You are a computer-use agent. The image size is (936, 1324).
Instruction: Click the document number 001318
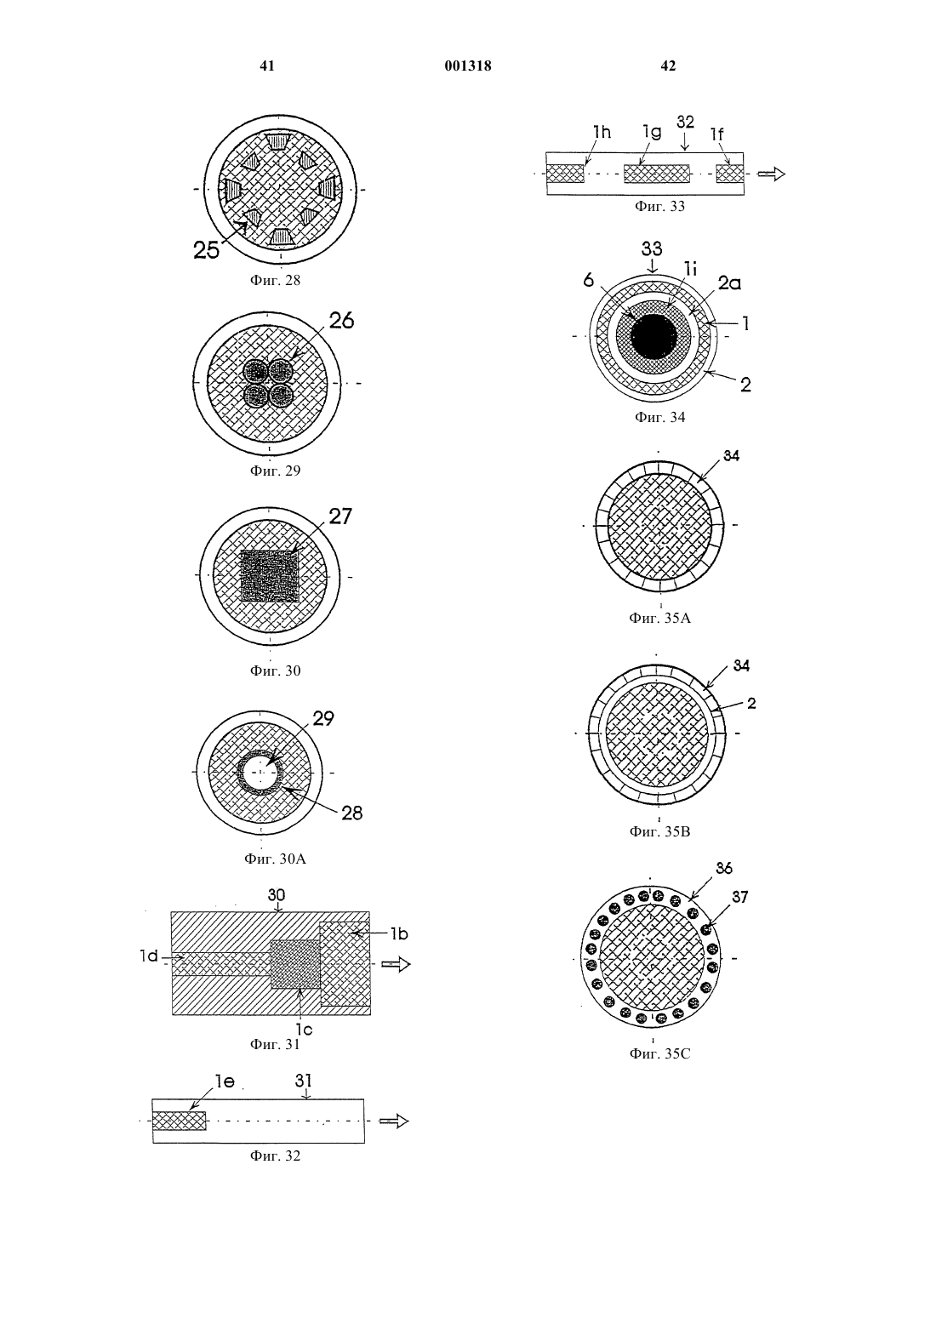[467, 66]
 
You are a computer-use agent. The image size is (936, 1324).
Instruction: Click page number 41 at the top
[266, 66]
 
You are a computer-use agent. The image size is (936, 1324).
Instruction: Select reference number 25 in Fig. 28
[206, 251]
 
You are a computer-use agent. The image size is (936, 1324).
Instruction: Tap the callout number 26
[341, 321]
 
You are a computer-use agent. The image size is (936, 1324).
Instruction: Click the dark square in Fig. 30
[270, 576]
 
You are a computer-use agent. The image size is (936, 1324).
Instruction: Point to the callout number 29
[322, 718]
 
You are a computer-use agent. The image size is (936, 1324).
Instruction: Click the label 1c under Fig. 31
[303, 1029]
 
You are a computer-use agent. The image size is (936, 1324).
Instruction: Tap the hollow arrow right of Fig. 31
[396, 965]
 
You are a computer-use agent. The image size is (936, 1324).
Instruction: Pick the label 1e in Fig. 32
[225, 1081]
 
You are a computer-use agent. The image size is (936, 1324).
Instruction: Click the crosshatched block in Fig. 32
[179, 1121]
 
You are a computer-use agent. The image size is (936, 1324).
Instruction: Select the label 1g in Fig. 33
[652, 133]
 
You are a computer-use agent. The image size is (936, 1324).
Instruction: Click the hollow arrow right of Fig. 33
[771, 174]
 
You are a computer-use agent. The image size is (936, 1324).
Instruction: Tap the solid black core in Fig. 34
[653, 336]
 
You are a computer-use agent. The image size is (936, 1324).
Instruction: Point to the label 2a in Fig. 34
[729, 283]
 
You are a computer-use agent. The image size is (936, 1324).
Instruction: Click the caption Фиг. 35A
[659, 619]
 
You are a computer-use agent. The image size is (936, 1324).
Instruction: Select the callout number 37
[739, 897]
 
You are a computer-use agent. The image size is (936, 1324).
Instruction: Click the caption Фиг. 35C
[659, 1053]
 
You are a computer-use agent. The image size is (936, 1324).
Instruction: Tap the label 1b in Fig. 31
[399, 934]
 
